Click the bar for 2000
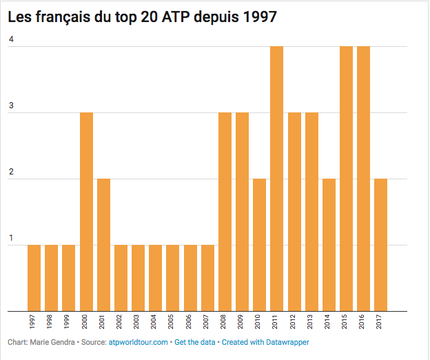86,211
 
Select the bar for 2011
277,178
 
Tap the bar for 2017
381,244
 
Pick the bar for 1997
34,277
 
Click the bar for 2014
329,244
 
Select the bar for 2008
225,211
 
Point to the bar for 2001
103,244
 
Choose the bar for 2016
364,178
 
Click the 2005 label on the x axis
173,323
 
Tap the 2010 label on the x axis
260,323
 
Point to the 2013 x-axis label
311,323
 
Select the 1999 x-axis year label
69,323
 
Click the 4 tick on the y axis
11,40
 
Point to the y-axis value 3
11,106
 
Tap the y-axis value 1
11,239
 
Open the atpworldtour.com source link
139,342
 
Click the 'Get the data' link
196,342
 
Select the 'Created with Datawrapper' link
265,342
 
